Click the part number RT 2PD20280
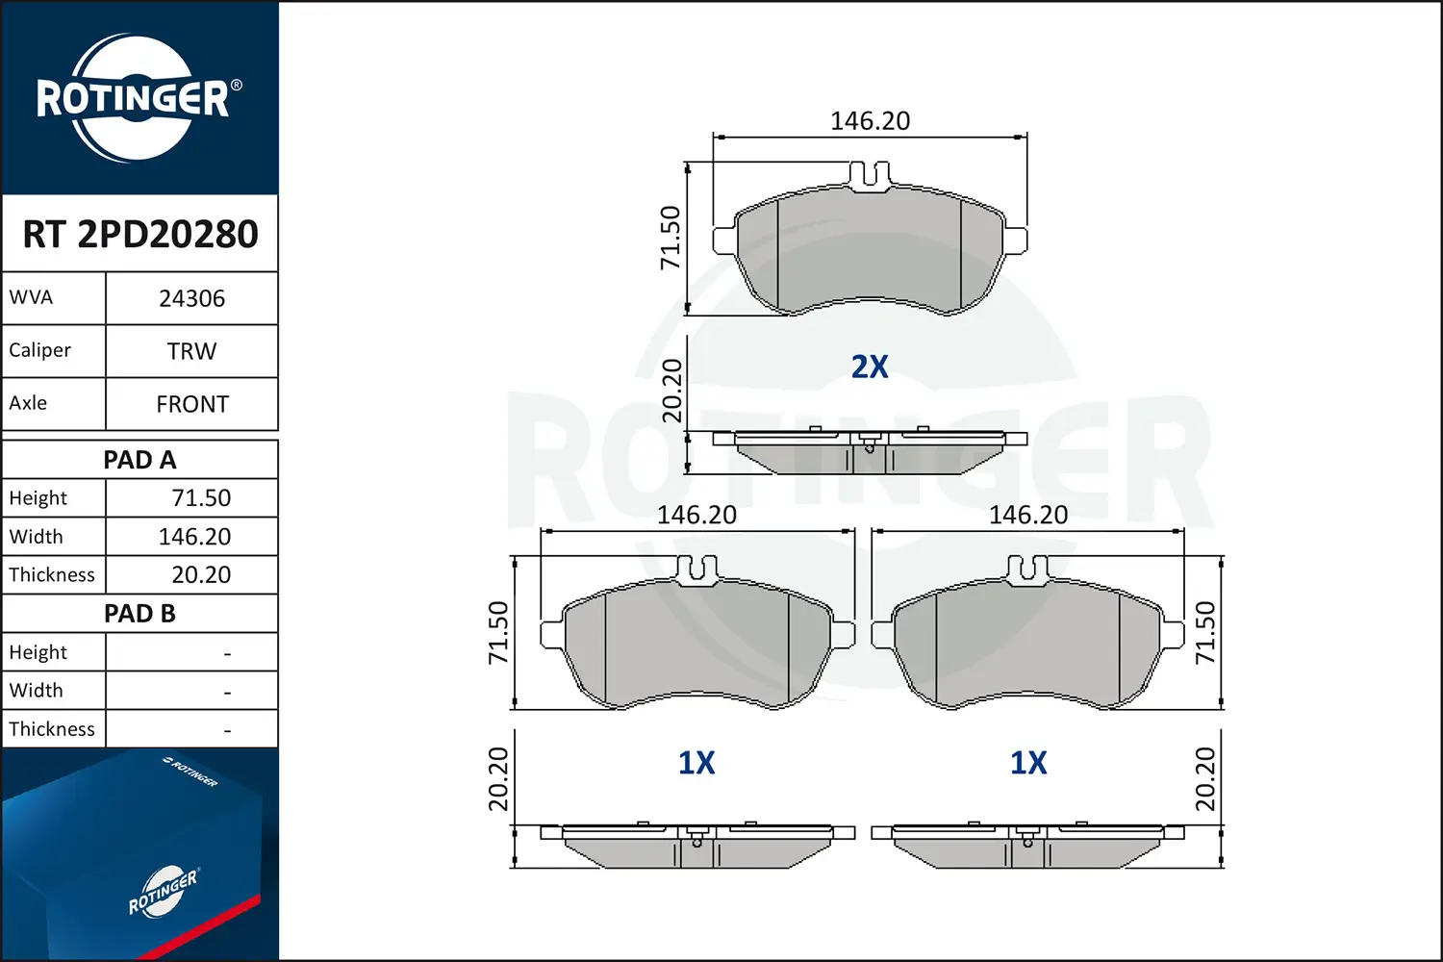click(140, 234)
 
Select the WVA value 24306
click(191, 298)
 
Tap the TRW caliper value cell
click(191, 351)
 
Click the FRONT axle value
click(191, 404)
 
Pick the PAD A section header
click(140, 460)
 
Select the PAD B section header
click(140, 614)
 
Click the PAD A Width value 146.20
click(194, 537)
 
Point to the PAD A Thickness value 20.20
click(200, 575)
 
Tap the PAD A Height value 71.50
click(200, 498)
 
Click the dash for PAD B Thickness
click(227, 730)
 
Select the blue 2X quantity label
click(870, 367)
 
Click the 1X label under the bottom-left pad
click(696, 763)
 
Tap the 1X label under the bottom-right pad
click(1028, 763)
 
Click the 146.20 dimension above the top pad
click(870, 121)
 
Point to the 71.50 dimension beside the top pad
click(671, 238)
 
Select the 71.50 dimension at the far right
click(1205, 632)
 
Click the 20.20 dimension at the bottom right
click(1205, 778)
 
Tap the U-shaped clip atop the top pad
click(870, 175)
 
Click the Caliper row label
click(40, 350)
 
